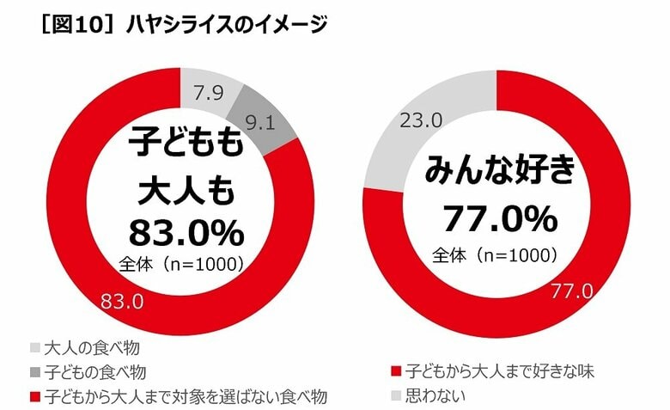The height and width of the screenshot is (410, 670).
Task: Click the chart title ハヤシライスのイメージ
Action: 227,26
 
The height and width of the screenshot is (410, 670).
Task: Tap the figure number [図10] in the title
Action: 67,26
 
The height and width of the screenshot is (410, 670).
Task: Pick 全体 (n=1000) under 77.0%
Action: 496,254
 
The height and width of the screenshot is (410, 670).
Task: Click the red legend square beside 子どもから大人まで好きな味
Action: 395,372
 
